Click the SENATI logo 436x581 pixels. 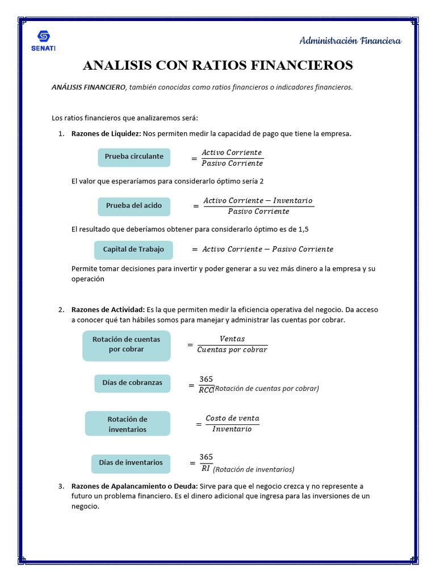pyautogui.click(x=43, y=40)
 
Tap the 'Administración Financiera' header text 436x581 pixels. pyautogui.click(x=350, y=41)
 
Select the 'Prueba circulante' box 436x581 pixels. pyautogui.click(x=134, y=157)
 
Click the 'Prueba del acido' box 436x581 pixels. pyautogui.click(x=134, y=206)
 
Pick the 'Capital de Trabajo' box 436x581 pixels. pyautogui.click(x=133, y=250)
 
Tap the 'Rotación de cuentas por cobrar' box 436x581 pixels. pyautogui.click(x=126, y=344)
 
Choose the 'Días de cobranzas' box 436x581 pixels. pyautogui.click(x=132, y=383)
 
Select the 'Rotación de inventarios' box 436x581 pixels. pyautogui.click(x=127, y=424)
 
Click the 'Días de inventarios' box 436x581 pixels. pyautogui.click(x=131, y=463)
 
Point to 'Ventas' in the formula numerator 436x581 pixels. pyautogui.click(x=232, y=339)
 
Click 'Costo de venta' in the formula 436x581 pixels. pyautogui.click(x=232, y=418)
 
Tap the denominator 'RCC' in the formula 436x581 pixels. pyautogui.click(x=206, y=389)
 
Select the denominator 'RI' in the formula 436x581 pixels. pyautogui.click(x=206, y=468)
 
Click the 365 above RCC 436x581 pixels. pyautogui.click(x=206, y=379)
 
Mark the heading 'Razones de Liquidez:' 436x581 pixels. pyautogui.click(x=106, y=134)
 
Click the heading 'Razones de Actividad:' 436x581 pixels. pyautogui.click(x=108, y=310)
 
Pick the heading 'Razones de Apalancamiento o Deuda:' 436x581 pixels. pyautogui.click(x=135, y=486)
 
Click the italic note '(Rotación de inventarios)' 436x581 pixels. pyautogui.click(x=254, y=470)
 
